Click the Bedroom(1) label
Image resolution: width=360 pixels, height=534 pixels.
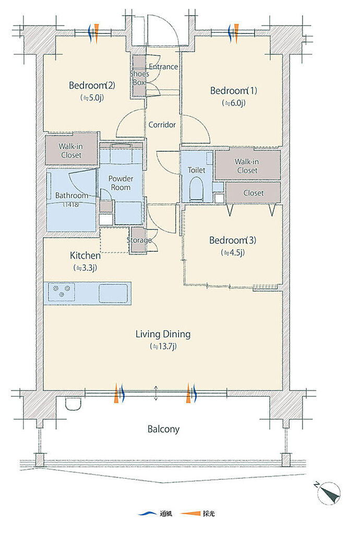coord(234,91)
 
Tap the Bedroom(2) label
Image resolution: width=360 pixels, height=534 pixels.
coord(92,85)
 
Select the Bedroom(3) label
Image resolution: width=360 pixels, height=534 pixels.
coord(233,240)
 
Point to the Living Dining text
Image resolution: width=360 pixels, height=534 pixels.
coord(163,334)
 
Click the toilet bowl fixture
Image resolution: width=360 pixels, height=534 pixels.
coord(196,188)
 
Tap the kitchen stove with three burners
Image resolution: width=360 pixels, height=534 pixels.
coord(62,292)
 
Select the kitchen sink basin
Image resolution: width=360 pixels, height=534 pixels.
coord(113,293)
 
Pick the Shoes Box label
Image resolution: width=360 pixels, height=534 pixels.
coord(139,78)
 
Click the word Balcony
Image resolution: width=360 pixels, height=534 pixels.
coord(163,429)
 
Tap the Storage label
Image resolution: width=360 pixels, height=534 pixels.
coord(139,240)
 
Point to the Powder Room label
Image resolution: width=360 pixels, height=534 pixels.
coord(121,183)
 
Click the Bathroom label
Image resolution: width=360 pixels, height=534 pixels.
coord(71,196)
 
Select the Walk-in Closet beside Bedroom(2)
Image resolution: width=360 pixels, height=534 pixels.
coord(71,151)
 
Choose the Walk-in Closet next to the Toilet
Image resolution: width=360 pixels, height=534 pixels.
coord(247,166)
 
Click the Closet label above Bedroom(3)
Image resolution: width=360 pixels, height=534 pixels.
coord(254,193)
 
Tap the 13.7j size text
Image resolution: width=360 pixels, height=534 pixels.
coord(163,347)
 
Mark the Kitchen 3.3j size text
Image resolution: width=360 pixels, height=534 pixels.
coord(85,268)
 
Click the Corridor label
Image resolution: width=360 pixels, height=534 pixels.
coord(162,125)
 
